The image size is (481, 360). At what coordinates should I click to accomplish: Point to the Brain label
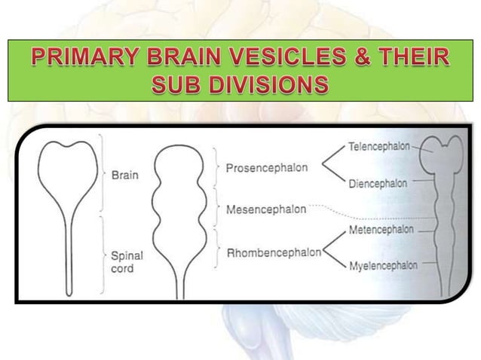(x=124, y=175)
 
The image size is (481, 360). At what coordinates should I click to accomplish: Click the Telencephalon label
(x=376, y=148)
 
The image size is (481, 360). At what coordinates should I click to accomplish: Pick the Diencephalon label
(x=378, y=182)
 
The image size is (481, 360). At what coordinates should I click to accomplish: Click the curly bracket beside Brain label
(x=103, y=174)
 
